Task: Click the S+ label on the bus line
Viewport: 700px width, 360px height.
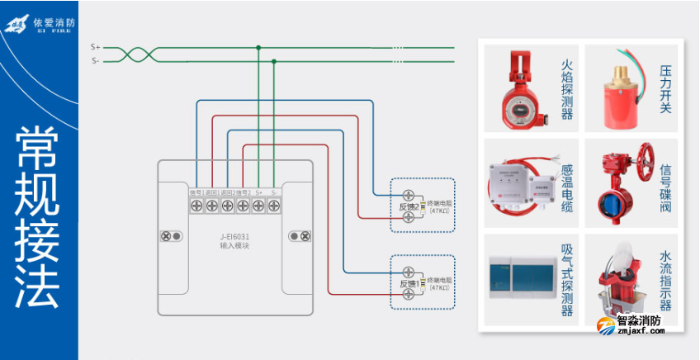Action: point(96,48)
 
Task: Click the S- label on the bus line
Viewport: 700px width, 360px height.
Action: point(96,60)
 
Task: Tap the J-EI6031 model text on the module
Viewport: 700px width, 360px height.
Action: point(234,237)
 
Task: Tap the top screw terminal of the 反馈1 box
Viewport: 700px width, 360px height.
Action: point(408,272)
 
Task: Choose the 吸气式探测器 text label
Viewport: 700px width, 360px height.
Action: point(567,281)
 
